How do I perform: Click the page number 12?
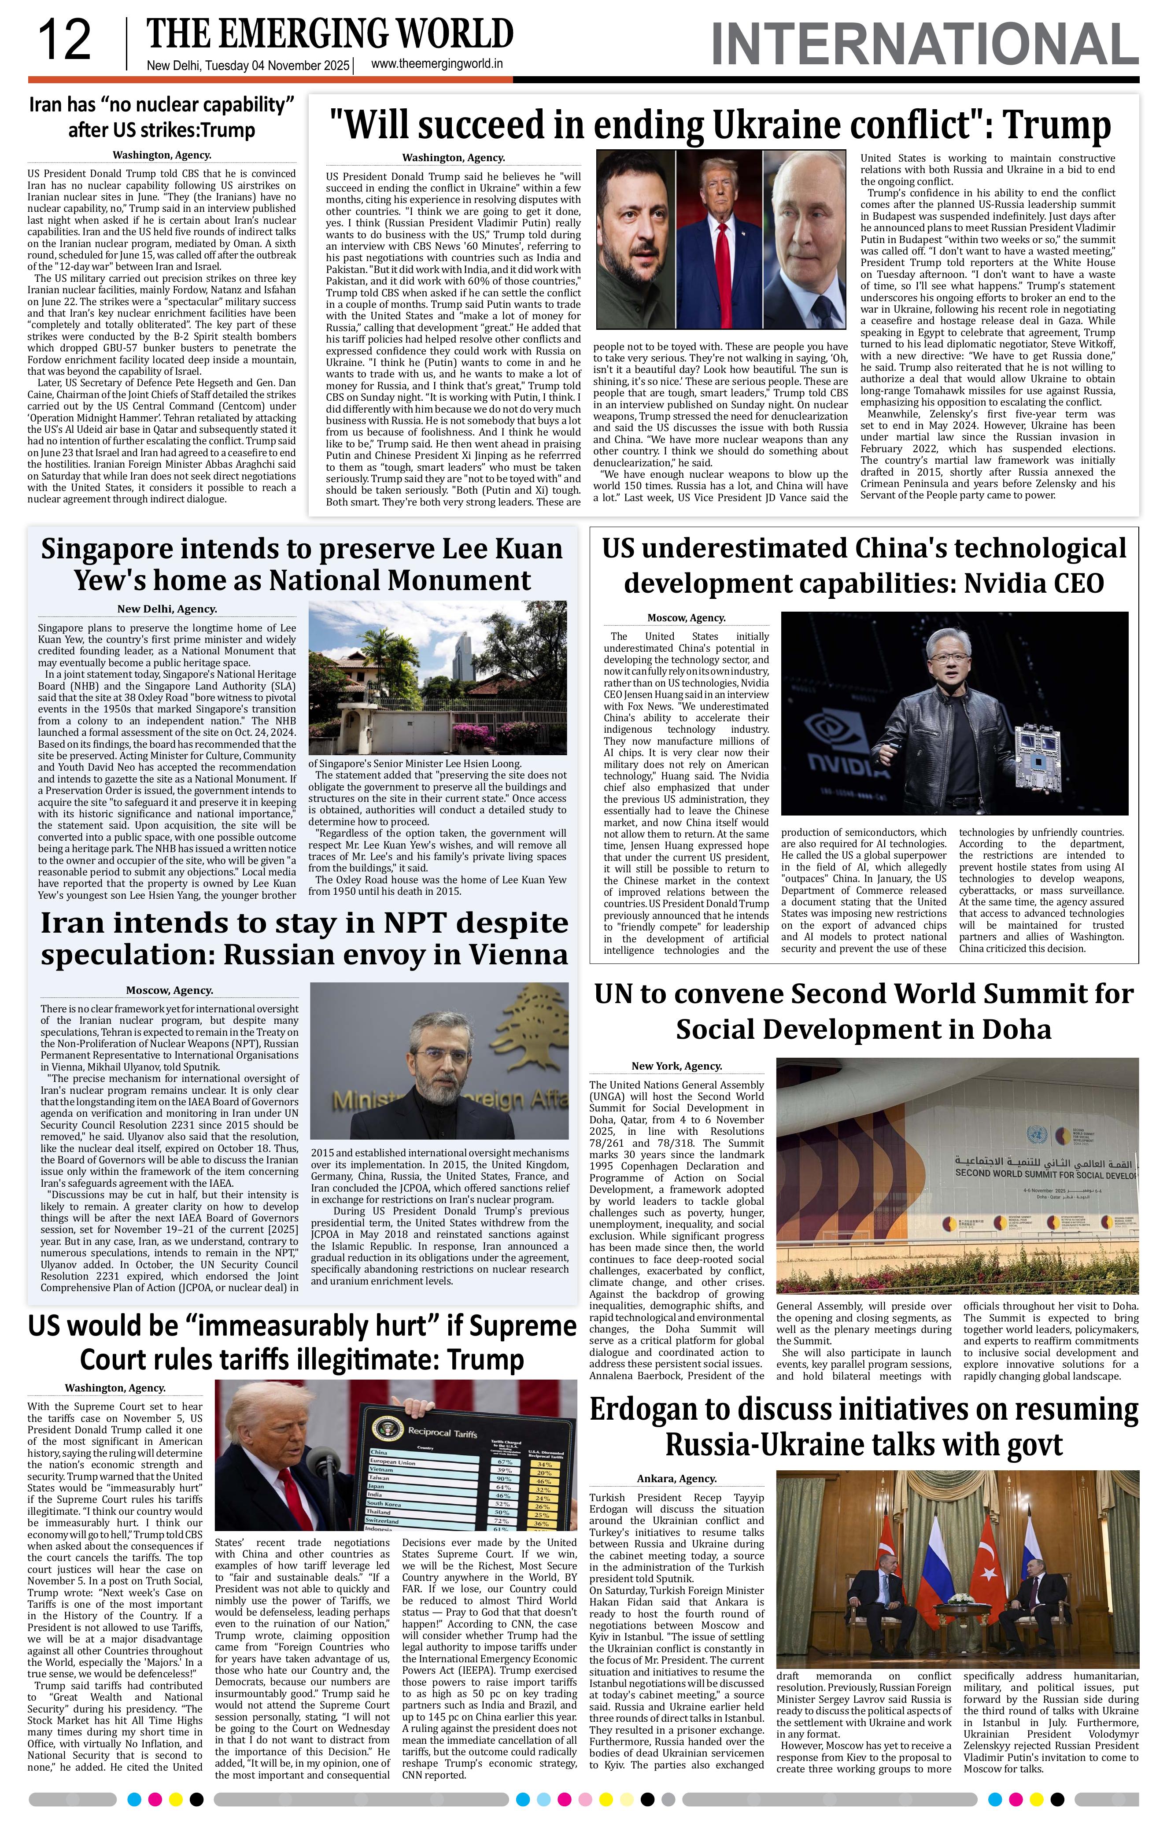[x=64, y=41]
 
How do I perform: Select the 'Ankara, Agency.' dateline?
[x=676, y=1479]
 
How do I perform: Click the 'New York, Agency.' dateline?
[x=676, y=1066]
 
